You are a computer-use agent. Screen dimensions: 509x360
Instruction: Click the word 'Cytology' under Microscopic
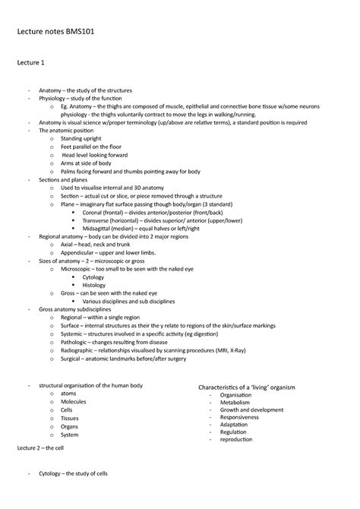click(x=93, y=277)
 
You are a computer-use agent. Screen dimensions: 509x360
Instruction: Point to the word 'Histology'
click(x=94, y=285)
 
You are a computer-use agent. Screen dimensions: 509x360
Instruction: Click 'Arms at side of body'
click(x=86, y=163)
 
